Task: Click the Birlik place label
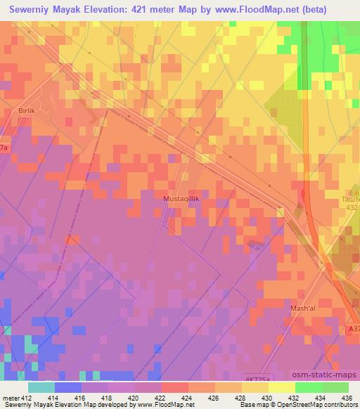tap(26, 111)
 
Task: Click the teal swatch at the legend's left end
tap(41, 387)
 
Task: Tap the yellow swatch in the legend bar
tap(281, 387)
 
